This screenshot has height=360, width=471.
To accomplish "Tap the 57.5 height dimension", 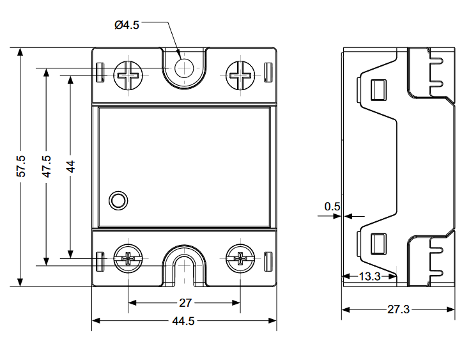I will click(x=21, y=166).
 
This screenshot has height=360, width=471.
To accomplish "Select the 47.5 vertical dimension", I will click(x=46, y=166).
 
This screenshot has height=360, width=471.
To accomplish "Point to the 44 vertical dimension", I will click(x=70, y=166).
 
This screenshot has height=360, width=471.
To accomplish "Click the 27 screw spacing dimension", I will click(x=184, y=303).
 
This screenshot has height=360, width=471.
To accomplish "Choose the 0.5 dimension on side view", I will click(x=332, y=207).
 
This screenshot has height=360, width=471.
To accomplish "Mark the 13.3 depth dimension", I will click(x=370, y=276).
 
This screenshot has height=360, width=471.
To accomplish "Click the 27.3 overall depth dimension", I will click(x=398, y=310).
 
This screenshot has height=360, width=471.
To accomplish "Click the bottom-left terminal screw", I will click(x=128, y=258).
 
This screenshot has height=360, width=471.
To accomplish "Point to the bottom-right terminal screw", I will click(x=240, y=258).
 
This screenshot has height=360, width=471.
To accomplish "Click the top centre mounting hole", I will click(x=184, y=67).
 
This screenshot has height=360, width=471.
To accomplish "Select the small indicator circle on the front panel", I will click(x=118, y=200).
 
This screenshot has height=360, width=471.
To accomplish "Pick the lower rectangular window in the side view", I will click(x=378, y=244).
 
